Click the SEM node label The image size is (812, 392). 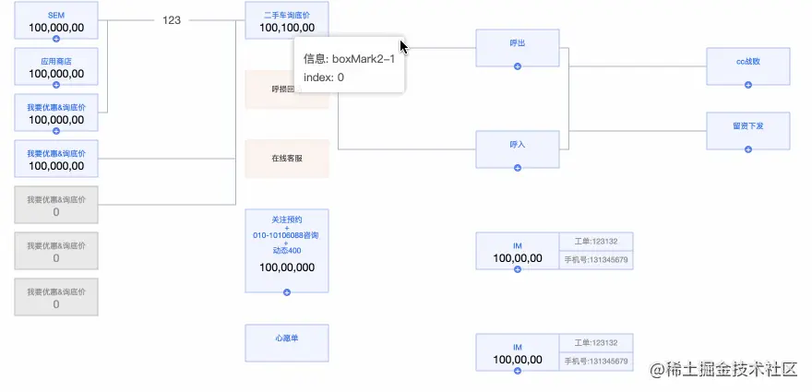tap(55, 15)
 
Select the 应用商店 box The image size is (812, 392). tap(56, 67)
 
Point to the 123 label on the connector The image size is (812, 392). tap(173, 19)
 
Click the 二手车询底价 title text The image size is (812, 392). tap(286, 15)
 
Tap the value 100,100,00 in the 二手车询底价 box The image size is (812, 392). tap(286, 28)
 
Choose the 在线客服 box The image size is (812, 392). tap(286, 159)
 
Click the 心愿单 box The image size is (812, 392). tap(286, 339)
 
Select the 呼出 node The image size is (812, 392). tap(517, 44)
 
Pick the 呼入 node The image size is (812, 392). tap(517, 146)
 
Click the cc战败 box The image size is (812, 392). tap(747, 63)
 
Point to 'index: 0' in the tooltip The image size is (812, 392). tap(324, 77)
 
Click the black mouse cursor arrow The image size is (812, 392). tap(403, 46)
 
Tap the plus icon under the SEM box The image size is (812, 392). tap(56, 39)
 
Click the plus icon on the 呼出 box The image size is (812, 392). tap(517, 66)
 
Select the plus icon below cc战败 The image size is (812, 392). tap(747, 85)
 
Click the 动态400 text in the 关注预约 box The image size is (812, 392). tap(286, 251)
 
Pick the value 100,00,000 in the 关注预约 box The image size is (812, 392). tap(286, 267)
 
